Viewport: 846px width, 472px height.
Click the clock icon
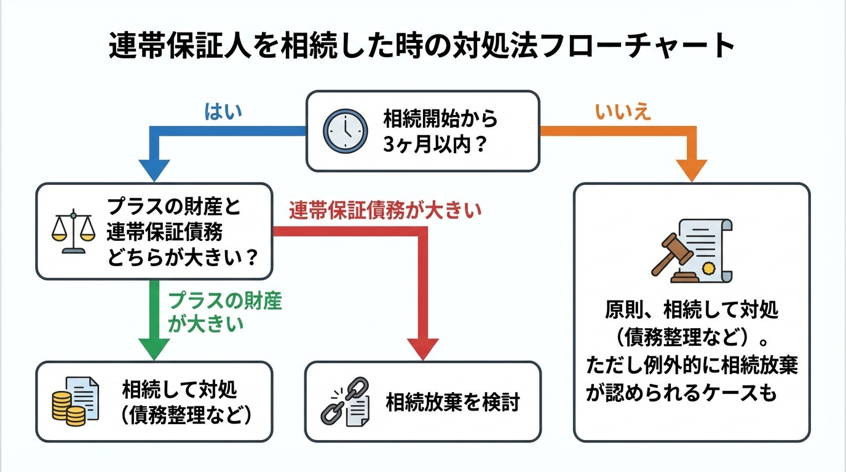click(x=346, y=131)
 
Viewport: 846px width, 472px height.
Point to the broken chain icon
click(x=346, y=401)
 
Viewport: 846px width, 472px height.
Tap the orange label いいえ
click(x=623, y=112)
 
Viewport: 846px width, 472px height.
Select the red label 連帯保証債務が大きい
click(x=385, y=211)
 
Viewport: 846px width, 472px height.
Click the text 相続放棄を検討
click(x=453, y=402)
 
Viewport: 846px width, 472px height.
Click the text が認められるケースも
click(x=681, y=393)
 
